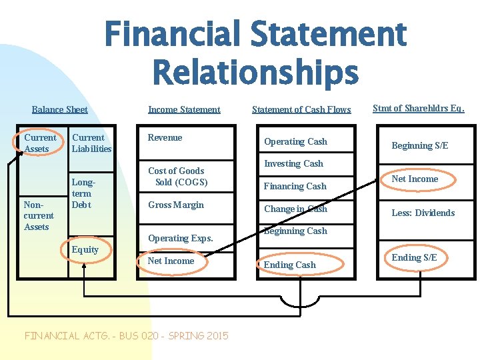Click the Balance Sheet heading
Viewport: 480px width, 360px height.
[59, 109]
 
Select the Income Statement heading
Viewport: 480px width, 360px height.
[184, 109]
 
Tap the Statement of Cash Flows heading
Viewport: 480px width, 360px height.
[301, 109]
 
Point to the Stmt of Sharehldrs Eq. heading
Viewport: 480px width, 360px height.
[418, 108]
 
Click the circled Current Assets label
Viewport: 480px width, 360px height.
[40, 143]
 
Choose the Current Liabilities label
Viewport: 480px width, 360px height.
[91, 143]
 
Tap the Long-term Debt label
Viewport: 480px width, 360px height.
[82, 193]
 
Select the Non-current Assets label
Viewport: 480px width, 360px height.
[39, 215]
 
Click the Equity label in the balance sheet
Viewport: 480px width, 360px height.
[85, 250]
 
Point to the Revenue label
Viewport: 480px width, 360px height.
[165, 138]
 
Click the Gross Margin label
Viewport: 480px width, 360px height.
[176, 205]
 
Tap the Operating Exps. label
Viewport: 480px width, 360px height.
[181, 238]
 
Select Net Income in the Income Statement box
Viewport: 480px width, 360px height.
[171, 261]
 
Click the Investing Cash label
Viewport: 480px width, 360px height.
[293, 163]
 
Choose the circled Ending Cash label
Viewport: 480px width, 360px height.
[289, 265]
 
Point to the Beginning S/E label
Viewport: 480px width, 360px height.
[419, 145]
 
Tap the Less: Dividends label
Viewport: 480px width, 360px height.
[423, 213]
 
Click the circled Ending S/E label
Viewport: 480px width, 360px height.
[414, 257]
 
